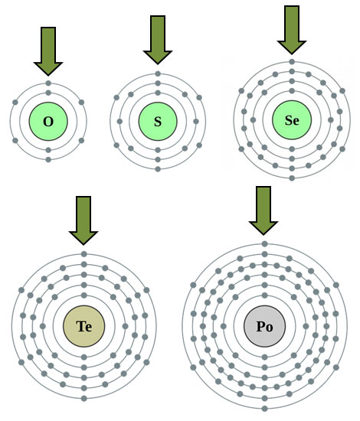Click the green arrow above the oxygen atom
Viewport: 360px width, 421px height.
48,51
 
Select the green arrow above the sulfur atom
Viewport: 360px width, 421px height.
158,40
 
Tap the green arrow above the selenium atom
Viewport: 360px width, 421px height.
292,30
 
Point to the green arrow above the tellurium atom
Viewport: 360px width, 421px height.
83,220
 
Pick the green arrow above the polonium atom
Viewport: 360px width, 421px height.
263,210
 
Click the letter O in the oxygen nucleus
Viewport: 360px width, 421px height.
48,122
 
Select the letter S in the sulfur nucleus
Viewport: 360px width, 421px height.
158,122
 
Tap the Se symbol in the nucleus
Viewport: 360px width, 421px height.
292,120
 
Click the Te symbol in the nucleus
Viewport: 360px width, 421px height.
84,327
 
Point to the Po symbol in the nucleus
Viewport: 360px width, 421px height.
264,327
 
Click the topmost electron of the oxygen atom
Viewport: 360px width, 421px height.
48,83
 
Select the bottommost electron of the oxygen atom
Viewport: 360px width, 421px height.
48,160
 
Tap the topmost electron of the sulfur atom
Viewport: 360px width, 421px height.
158,73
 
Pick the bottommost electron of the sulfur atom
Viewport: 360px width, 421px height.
158,169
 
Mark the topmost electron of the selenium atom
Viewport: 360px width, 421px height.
292,62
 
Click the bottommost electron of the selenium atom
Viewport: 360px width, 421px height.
292,178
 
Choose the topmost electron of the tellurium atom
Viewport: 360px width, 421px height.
84,254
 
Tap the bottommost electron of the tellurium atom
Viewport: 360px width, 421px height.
84,399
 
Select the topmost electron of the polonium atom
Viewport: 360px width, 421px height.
264,244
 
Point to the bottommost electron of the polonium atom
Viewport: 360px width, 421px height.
264,409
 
